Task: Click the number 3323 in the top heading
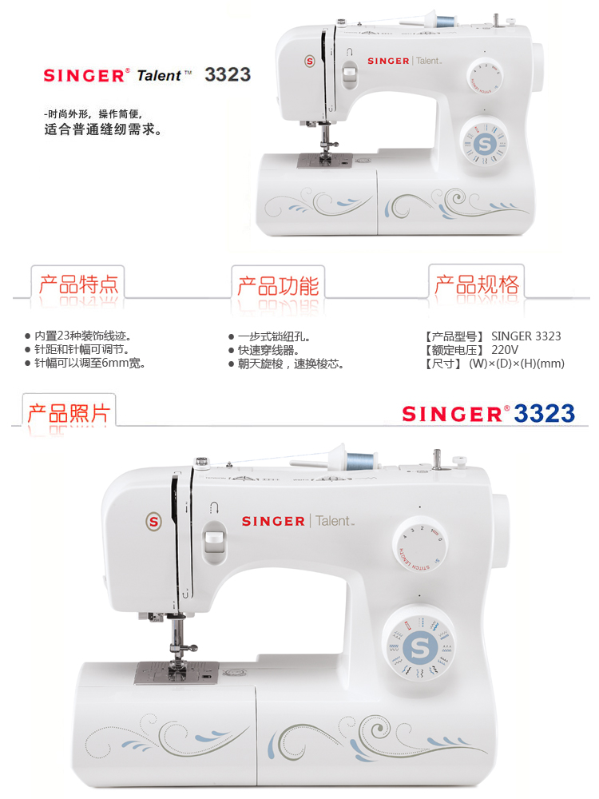click(x=228, y=75)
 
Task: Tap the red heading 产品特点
click(x=78, y=284)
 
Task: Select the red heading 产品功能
click(x=278, y=286)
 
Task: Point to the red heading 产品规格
click(x=477, y=284)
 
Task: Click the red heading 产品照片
click(x=69, y=413)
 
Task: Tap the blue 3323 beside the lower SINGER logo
click(x=544, y=413)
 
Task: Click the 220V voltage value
click(x=505, y=350)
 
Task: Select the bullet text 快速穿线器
click(x=268, y=351)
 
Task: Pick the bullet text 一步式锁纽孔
click(x=274, y=337)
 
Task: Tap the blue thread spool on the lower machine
click(x=361, y=461)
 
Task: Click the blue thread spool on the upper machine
click(x=445, y=22)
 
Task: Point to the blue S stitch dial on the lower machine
click(x=419, y=647)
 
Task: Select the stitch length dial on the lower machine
click(x=420, y=545)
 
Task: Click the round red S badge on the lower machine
click(x=154, y=521)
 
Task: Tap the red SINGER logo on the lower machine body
click(x=273, y=521)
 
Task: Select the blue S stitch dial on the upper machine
click(x=485, y=144)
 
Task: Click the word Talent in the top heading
click(x=159, y=75)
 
